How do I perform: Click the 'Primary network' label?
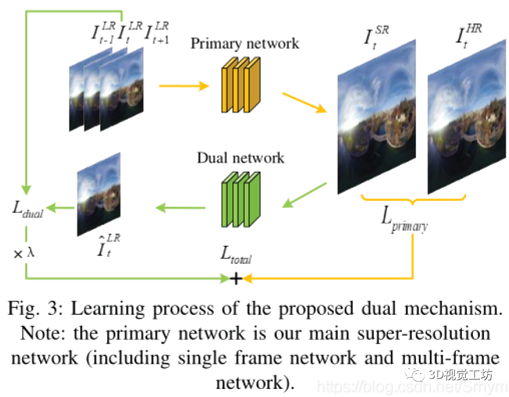[245, 43]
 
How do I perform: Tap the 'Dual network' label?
[241, 158]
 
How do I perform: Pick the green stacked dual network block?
[239, 198]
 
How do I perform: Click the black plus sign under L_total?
[236, 279]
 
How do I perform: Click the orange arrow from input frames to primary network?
[183, 87]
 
